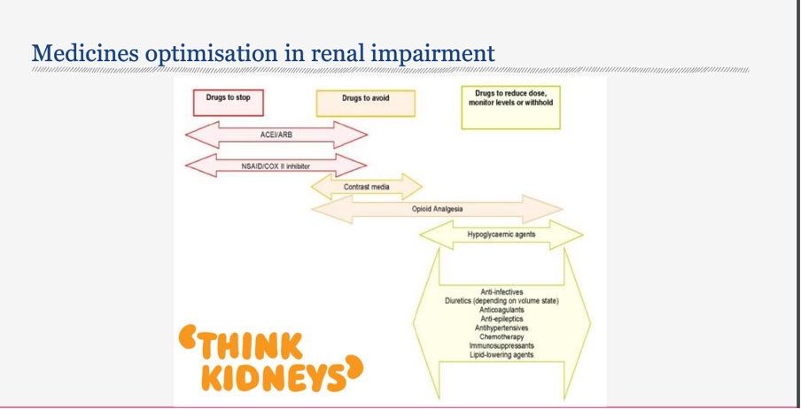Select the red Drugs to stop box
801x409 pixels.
tap(229, 99)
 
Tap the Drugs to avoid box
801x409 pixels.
tap(365, 100)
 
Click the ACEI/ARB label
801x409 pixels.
tap(276, 135)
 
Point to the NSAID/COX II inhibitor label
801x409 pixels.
tap(276, 165)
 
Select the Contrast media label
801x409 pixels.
tap(366, 188)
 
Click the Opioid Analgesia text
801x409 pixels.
tap(437, 209)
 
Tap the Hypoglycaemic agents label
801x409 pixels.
tap(501, 235)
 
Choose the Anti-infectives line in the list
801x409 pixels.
tap(502, 292)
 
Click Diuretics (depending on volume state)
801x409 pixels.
tap(502, 301)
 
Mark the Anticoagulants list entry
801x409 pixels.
tap(502, 310)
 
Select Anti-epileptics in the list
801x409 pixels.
tap(502, 319)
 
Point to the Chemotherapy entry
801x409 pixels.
tap(502, 336)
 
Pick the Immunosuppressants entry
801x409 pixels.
tap(502, 345)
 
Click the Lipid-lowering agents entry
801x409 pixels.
tap(502, 355)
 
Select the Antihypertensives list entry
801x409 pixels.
tap(502, 328)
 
